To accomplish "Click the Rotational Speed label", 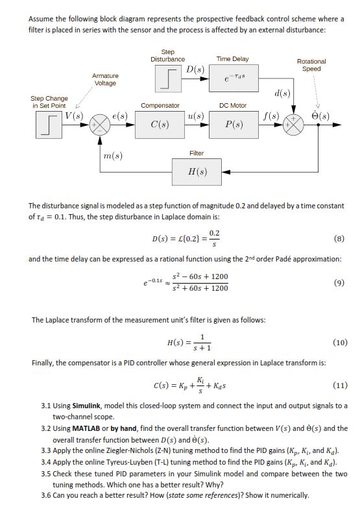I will [x=312, y=66].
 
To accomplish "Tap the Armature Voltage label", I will [x=105, y=79].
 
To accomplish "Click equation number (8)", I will [x=340, y=238].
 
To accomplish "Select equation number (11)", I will [x=340, y=385].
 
